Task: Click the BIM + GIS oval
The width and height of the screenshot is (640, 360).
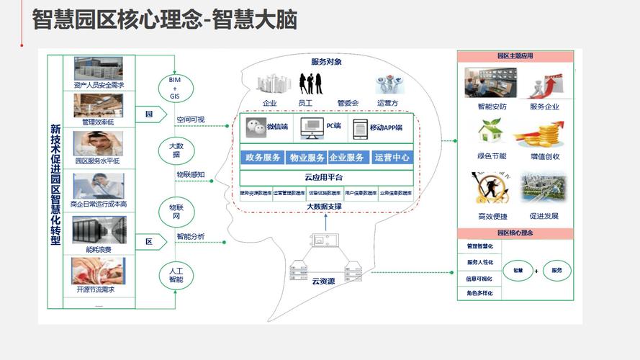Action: point(175,87)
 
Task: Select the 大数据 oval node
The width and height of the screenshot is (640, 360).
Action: point(176,150)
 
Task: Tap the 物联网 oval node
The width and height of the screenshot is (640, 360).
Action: point(176,212)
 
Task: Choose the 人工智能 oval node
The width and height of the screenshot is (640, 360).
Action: point(176,274)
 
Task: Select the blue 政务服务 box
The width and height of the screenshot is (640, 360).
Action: point(263,158)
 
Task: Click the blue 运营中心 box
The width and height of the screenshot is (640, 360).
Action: point(392,158)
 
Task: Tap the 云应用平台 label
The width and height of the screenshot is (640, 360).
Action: point(324,177)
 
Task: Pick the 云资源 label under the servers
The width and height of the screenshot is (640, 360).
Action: point(323,281)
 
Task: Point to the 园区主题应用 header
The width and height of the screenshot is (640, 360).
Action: point(515,55)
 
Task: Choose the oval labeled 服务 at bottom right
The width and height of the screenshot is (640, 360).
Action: point(556,271)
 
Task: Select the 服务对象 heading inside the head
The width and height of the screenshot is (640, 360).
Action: point(326,62)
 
